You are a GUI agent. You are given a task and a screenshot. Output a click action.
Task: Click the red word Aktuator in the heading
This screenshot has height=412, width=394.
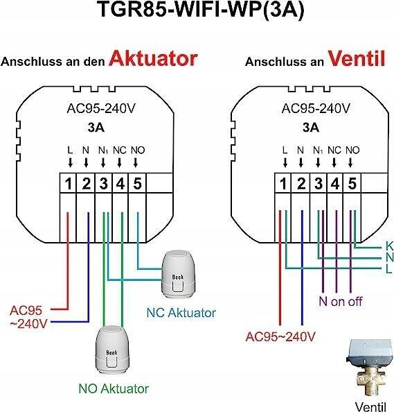(x=153, y=58)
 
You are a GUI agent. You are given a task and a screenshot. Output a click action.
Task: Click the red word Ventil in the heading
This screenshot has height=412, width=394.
(x=357, y=58)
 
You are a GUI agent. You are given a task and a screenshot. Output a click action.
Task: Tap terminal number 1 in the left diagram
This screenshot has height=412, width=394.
(x=69, y=183)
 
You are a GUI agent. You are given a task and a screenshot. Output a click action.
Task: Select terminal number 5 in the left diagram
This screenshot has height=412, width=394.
(x=138, y=183)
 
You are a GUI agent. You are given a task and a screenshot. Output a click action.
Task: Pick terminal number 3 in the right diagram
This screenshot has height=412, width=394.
(x=319, y=183)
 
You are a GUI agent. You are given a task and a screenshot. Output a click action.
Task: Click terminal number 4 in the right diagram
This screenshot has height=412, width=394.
(x=335, y=183)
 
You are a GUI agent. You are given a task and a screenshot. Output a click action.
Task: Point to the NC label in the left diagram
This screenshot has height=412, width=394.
(x=120, y=151)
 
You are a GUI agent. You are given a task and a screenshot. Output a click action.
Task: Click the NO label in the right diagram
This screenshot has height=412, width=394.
(x=352, y=151)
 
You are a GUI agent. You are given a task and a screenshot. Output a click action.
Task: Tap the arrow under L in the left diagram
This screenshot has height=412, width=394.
(x=70, y=162)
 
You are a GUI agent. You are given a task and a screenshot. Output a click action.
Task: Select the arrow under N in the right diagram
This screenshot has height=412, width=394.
(x=301, y=162)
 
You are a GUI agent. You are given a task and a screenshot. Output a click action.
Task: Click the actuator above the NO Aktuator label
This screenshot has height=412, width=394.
(x=112, y=350)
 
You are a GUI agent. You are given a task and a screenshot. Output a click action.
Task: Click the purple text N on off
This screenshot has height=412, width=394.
(x=341, y=302)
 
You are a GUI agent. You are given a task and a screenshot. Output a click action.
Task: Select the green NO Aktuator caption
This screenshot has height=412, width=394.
(x=114, y=388)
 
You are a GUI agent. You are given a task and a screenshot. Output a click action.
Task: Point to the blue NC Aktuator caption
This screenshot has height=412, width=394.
(x=181, y=312)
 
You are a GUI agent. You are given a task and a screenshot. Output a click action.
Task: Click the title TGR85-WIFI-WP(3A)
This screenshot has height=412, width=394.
(x=202, y=10)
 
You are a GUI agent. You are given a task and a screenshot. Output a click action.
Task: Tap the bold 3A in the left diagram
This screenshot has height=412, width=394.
(x=96, y=128)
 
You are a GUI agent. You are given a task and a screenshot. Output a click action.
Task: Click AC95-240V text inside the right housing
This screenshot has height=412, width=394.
(x=316, y=108)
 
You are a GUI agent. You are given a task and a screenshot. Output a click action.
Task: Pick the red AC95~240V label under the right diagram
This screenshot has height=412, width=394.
(x=280, y=336)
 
